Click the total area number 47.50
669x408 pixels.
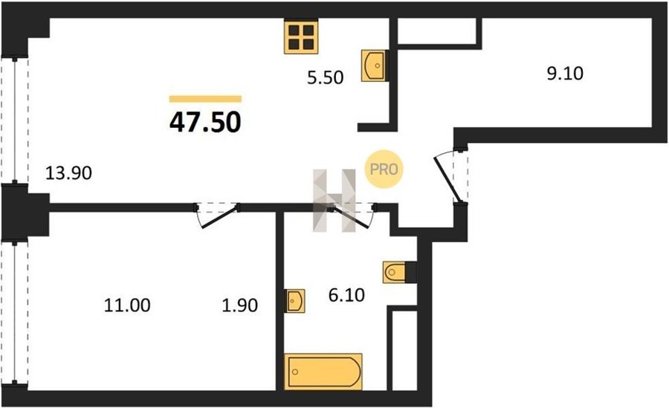coord(205,123)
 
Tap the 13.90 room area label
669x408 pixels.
coord(68,173)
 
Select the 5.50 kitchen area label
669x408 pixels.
coord(326,78)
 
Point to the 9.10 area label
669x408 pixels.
coord(566,74)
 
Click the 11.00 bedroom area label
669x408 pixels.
coord(127,305)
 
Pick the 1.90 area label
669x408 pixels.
coord(240,305)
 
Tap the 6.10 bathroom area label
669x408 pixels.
coord(346,295)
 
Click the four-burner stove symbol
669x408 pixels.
coord(301,37)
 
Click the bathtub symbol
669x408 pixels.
coord(323,372)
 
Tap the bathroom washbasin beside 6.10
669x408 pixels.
coord(295,301)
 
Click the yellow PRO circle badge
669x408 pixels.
coord(384,169)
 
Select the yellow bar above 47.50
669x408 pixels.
coord(205,99)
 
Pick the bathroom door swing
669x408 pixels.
coord(353,216)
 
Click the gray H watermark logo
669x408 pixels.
coord(334,201)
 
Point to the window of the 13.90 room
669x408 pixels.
coord(15,120)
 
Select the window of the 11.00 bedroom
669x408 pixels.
coord(15,314)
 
